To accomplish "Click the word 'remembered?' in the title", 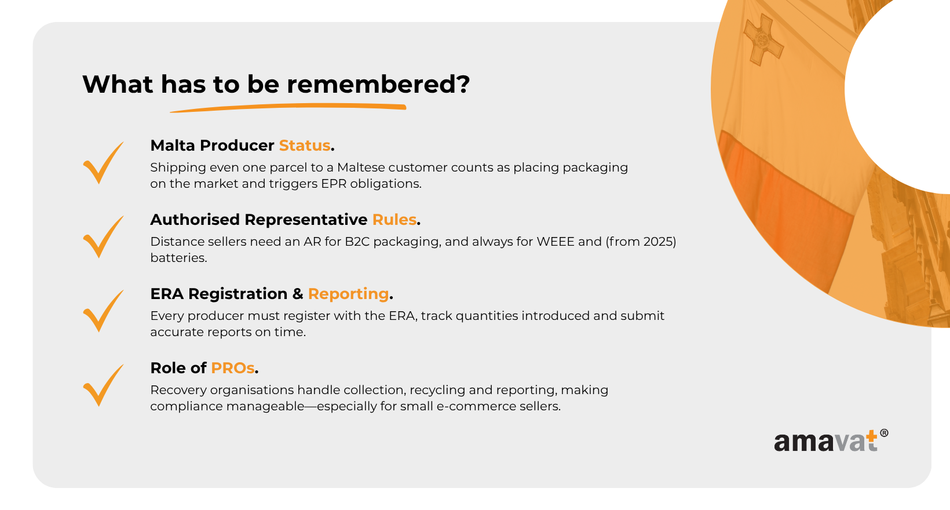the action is tap(378, 84).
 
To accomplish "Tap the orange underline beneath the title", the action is tap(288, 108).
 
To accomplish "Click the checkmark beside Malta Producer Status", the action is tap(104, 163).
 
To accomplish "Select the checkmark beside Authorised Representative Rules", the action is tap(104, 237).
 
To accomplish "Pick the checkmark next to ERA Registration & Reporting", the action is tap(104, 311).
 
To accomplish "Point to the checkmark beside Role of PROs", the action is tap(104, 385).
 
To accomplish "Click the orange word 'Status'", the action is tap(305, 145).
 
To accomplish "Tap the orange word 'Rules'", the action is tap(394, 220).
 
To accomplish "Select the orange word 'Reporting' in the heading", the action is tap(348, 294).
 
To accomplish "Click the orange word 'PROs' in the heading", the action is tap(233, 368).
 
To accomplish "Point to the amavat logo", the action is tap(831, 440).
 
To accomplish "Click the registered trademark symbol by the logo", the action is tap(884, 433).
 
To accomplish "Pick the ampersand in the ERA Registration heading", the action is tap(298, 294).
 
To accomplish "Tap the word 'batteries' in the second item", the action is tap(178, 257).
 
